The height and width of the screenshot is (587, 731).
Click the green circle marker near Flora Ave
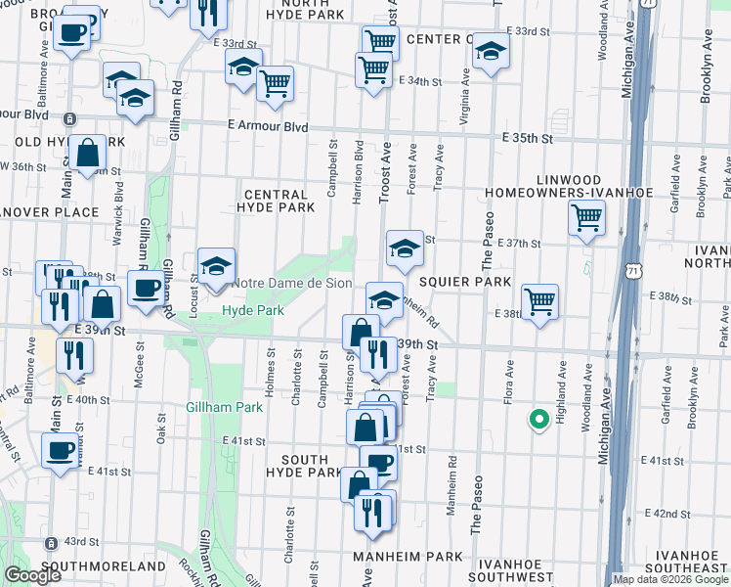(537, 420)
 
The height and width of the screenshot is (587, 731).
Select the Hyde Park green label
(252, 310)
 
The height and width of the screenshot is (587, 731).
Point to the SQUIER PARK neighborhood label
(465, 282)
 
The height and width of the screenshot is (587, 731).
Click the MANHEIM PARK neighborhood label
(408, 556)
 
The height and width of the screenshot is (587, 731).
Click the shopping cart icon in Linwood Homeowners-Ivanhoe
(586, 216)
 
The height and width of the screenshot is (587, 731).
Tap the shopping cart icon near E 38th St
(539, 300)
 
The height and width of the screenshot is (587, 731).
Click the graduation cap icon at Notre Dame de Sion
(216, 264)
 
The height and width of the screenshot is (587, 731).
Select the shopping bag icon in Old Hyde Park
(88, 152)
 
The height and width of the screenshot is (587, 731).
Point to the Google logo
(31, 575)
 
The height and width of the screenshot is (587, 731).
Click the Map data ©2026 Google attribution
(670, 579)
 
